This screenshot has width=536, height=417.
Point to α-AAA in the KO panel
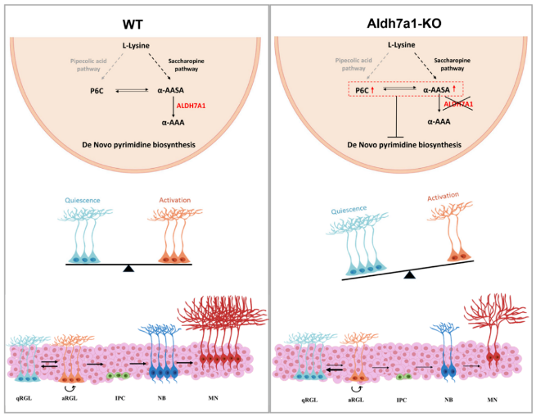(439, 120)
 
